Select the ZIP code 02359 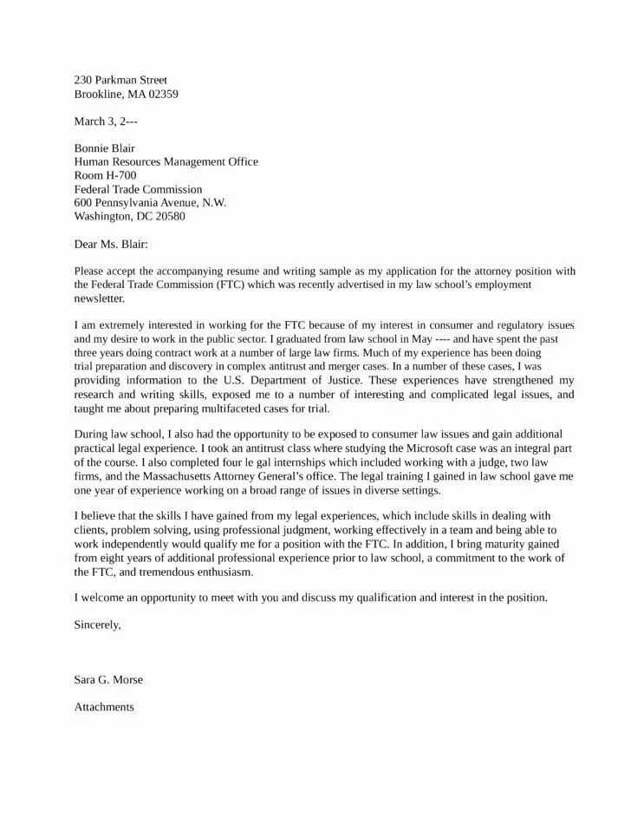[x=160, y=95]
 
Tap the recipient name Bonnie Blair [x=104, y=148]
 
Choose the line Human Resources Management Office [x=166, y=161]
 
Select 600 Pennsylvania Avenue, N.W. [x=150, y=202]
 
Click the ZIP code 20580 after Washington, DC [x=167, y=216]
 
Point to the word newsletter [x=100, y=298]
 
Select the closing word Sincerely [x=97, y=625]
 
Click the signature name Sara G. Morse [x=108, y=679]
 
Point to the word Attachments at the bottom [x=104, y=707]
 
